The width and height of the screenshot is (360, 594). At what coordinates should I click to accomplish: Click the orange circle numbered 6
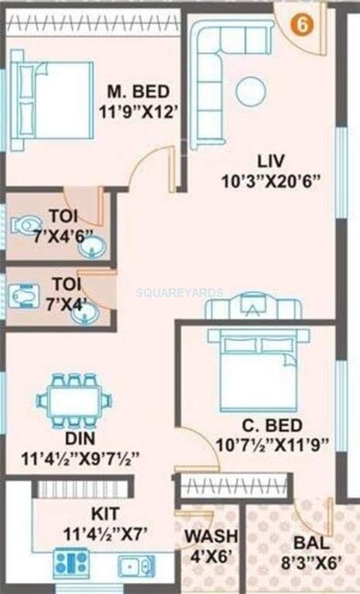(x=298, y=25)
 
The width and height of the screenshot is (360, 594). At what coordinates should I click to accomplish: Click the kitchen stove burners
(x=71, y=562)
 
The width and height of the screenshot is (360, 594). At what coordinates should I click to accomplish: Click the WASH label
(x=211, y=536)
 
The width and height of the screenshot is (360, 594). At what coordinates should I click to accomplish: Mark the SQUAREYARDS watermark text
(x=179, y=292)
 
